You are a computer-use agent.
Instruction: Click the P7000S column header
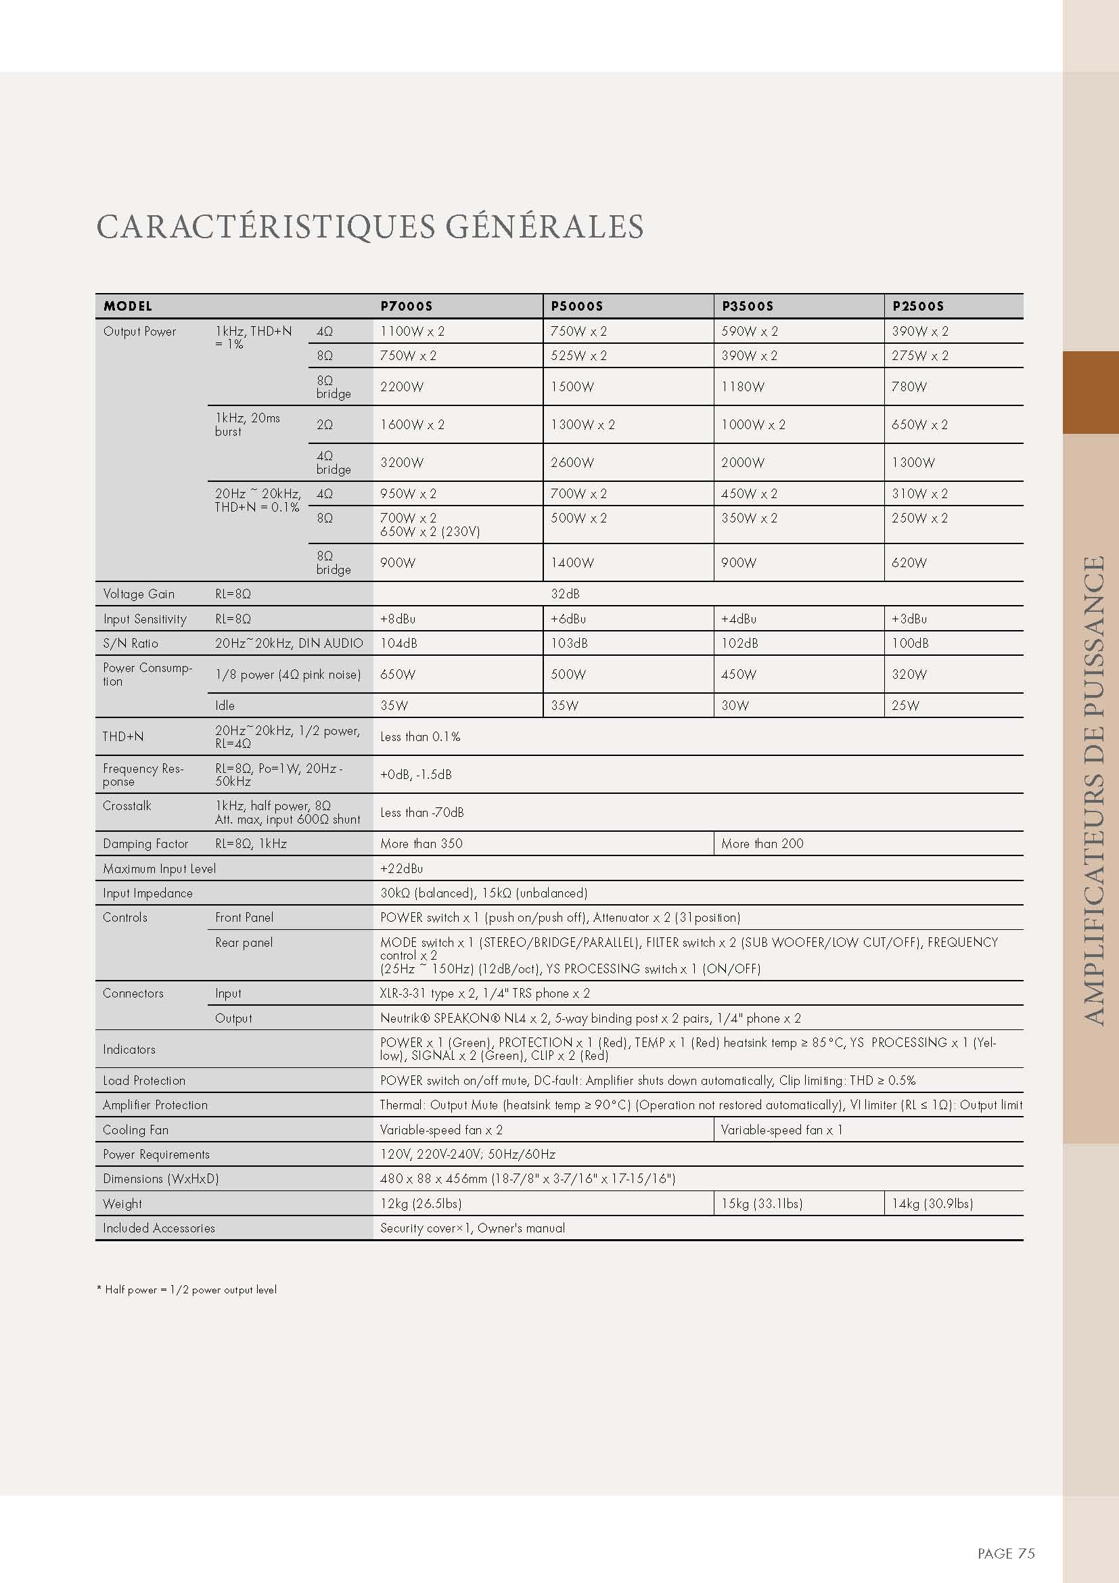[406, 306]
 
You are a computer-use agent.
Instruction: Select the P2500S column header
[918, 306]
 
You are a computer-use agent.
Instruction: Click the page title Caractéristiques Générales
[370, 227]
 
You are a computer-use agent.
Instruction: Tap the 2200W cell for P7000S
[402, 387]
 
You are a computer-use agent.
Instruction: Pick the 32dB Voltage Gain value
[565, 594]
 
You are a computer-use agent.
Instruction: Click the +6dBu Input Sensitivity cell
[568, 619]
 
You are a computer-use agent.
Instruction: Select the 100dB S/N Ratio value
[909, 643]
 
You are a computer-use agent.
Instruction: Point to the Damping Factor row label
[145, 843]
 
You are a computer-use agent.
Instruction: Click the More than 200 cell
[762, 843]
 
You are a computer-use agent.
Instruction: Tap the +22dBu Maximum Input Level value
[402, 869]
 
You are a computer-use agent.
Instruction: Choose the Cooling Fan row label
[135, 1130]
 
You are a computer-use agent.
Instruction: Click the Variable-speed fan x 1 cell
[781, 1130]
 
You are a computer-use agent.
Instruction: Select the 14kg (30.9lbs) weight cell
[932, 1203]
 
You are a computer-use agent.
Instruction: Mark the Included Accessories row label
[158, 1228]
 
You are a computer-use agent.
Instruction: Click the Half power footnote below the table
[187, 1289]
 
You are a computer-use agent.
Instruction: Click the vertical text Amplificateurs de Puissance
[1093, 790]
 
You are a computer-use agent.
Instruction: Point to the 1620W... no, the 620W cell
[909, 562]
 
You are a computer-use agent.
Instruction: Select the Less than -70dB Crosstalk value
[421, 812]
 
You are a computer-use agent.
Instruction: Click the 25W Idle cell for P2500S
[905, 705]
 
